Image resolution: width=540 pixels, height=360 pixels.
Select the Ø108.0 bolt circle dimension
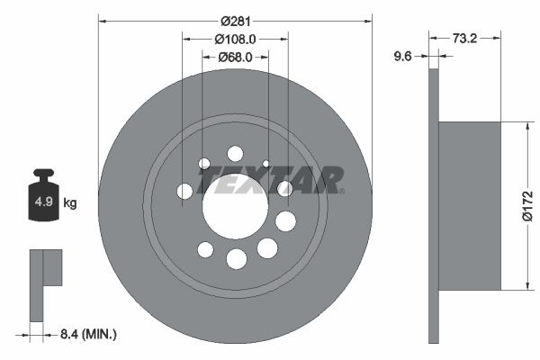tap(236, 39)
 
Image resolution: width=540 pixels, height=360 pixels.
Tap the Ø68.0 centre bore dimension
tap(236, 58)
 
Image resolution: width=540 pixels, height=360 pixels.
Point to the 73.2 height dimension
tap(463, 39)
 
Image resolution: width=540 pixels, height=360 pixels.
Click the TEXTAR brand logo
tap(271, 180)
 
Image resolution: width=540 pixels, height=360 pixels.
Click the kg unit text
tap(70, 203)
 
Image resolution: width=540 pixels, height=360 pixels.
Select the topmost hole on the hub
tap(235, 153)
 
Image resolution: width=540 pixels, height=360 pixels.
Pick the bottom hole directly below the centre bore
tap(236, 259)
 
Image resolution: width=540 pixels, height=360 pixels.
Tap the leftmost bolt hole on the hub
tap(184, 191)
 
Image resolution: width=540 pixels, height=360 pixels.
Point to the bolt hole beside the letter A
tap(285, 188)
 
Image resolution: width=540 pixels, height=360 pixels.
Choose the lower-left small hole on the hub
tap(205, 248)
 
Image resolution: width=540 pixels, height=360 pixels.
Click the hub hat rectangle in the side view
tap(469, 206)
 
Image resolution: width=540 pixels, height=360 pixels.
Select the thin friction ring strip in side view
tap(434, 206)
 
